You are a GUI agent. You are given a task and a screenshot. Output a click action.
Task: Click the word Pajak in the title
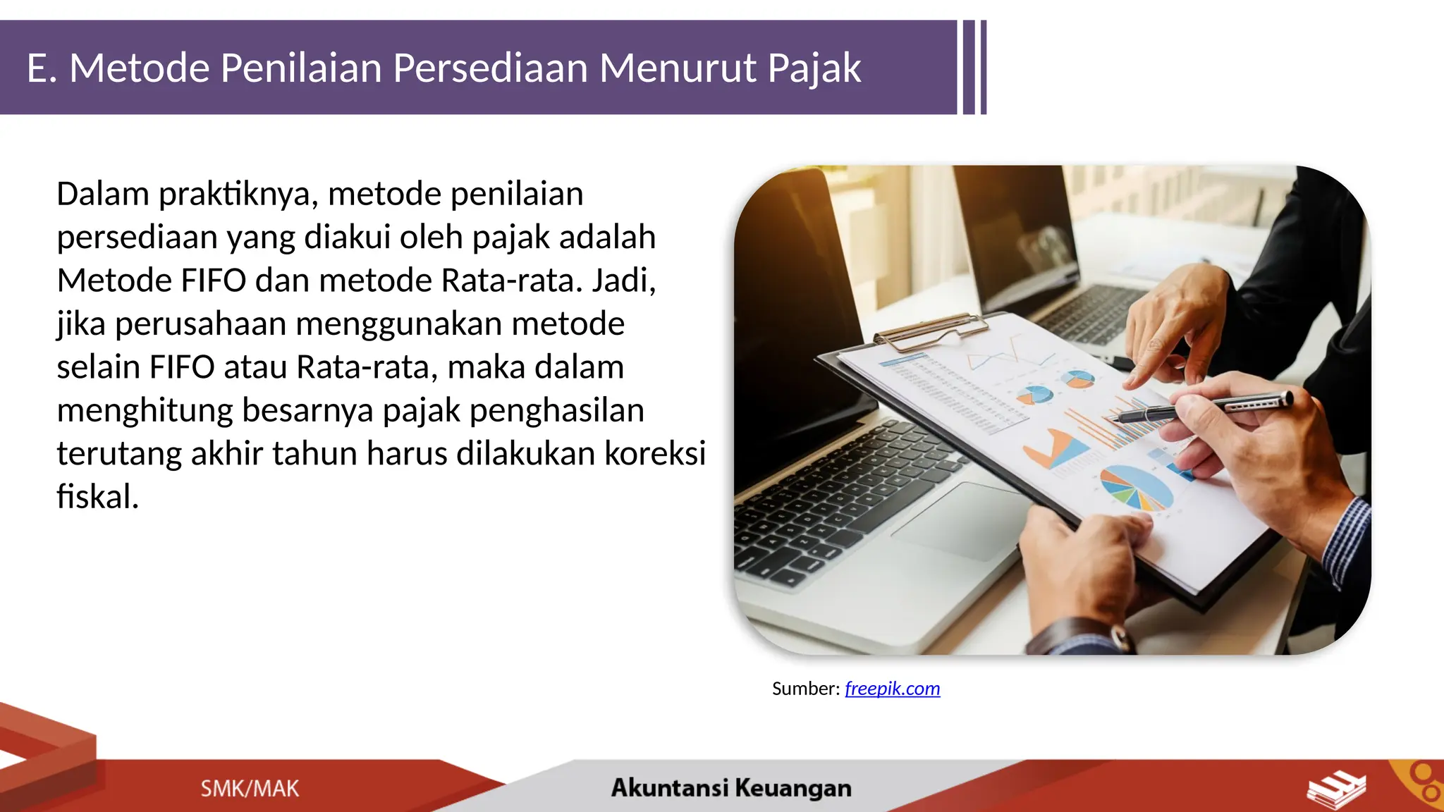(x=814, y=69)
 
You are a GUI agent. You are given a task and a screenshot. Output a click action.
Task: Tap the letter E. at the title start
(x=41, y=69)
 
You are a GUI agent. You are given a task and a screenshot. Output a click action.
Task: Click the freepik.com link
(x=892, y=689)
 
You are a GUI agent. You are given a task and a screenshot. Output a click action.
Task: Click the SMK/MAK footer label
(x=250, y=788)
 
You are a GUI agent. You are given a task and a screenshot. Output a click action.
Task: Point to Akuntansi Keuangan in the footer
(x=731, y=787)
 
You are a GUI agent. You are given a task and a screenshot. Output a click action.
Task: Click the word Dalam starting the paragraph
(x=102, y=194)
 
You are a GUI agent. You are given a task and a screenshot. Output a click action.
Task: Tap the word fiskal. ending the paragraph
(x=97, y=497)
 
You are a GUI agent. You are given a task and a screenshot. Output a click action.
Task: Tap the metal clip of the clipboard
(x=931, y=331)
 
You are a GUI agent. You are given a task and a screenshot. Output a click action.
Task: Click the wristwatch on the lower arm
(x=1079, y=638)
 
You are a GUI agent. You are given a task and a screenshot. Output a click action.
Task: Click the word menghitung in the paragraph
(x=145, y=410)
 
